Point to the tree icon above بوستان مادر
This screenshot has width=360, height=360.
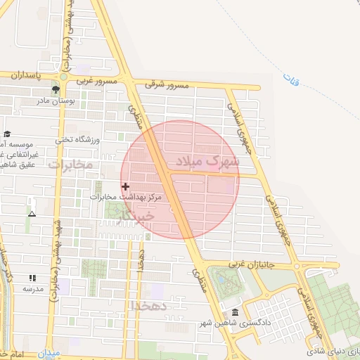click(55, 89)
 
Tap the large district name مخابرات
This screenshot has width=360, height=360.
click(71, 165)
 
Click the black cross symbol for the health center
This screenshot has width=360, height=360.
click(126, 186)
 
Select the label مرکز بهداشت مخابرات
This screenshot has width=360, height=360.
click(126, 198)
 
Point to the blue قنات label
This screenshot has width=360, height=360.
click(290, 80)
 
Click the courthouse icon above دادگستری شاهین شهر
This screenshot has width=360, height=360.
click(235, 312)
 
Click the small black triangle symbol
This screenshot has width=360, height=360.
click(32, 212)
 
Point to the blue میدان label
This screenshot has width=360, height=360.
click(50, 353)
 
